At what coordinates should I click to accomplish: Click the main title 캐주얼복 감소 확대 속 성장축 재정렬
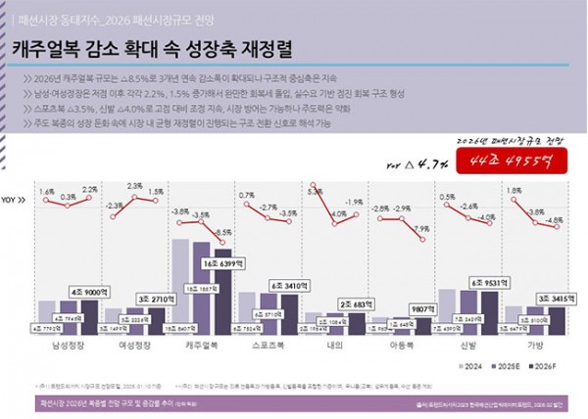(x=152, y=48)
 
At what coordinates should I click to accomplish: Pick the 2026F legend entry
(x=546, y=367)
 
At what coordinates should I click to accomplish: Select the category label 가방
(x=538, y=346)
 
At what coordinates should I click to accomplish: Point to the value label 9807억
(x=423, y=305)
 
